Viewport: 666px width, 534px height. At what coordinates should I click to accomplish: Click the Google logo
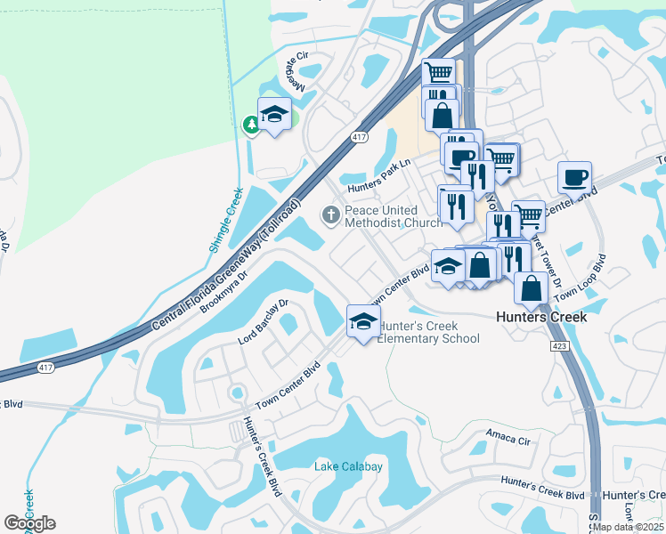click(29, 523)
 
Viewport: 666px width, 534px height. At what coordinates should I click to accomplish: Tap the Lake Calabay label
click(349, 466)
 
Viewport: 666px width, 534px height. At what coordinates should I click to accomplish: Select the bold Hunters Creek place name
click(541, 317)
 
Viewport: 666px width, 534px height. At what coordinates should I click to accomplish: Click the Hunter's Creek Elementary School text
click(429, 333)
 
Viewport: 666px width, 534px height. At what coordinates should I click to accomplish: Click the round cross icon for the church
click(330, 214)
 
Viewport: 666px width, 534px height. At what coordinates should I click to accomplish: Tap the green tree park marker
click(252, 125)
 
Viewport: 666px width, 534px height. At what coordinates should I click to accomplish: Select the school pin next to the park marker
click(275, 114)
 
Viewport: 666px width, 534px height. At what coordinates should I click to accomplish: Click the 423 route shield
click(560, 345)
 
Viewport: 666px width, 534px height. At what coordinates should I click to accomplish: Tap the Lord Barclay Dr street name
click(264, 321)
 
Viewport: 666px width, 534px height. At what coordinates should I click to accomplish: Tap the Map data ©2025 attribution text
click(628, 527)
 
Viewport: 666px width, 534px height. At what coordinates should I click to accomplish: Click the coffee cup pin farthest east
click(574, 175)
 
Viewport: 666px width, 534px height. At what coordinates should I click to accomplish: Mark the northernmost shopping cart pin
click(438, 73)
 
